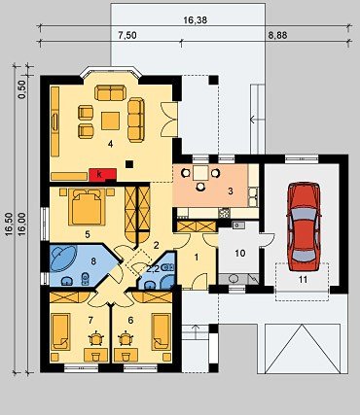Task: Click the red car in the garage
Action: [305, 226]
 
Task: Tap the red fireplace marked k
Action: [103, 174]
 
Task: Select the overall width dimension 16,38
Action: [196, 20]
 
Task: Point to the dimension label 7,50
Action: [127, 35]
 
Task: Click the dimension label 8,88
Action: [277, 35]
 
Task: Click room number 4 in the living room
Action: [111, 144]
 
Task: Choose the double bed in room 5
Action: [87, 207]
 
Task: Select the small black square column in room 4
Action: [129, 164]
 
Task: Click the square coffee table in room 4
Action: [111, 121]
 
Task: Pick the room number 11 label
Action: [303, 280]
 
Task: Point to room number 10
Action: [240, 253]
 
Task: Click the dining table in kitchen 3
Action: [200, 173]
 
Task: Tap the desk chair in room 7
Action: [95, 338]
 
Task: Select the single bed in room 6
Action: [162, 331]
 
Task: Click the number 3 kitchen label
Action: [231, 191]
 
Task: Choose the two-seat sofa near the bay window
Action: [110, 92]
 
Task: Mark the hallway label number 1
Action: [196, 258]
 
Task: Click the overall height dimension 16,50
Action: [9, 223]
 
